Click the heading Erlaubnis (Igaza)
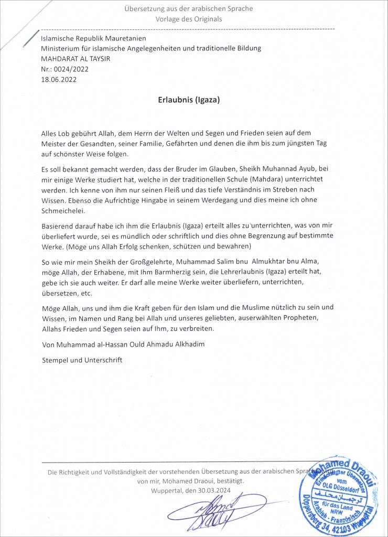189,100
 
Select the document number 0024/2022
73,69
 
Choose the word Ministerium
62,48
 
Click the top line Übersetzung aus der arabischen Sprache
189,8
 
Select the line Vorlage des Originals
189,19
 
